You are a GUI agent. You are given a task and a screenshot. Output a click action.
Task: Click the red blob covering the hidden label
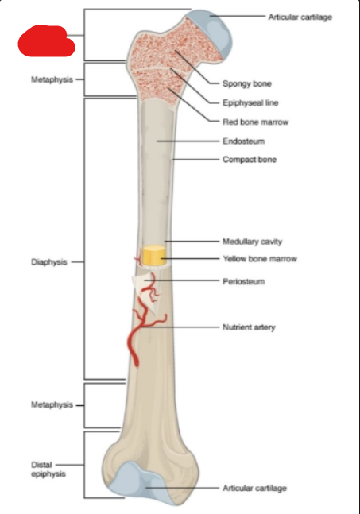[x=46, y=41]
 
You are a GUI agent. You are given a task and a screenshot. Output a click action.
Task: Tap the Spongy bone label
[x=247, y=83]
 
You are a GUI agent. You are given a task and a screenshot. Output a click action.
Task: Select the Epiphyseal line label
[x=250, y=103]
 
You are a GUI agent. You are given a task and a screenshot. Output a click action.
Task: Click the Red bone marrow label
[x=255, y=122]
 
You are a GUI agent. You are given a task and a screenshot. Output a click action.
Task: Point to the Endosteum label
[x=244, y=141]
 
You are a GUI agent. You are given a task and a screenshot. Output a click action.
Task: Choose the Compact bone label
[x=250, y=160]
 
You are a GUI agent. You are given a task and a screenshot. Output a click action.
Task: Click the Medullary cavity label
[x=252, y=242]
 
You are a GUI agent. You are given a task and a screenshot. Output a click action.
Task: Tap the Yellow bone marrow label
[x=260, y=259]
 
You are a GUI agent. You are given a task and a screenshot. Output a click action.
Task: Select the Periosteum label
[x=244, y=281]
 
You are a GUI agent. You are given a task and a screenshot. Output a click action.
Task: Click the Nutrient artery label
[x=249, y=327]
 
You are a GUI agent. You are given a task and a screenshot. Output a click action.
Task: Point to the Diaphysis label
[x=49, y=262]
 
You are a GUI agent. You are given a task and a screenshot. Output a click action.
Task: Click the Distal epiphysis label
[x=48, y=470]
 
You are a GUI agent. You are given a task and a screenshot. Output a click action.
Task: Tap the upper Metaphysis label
[x=52, y=79]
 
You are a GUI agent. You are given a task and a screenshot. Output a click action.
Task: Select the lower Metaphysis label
[x=52, y=405]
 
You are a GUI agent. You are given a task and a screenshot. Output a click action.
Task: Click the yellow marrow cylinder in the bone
[x=153, y=255]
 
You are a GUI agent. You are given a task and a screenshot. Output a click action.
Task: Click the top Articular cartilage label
[x=300, y=17]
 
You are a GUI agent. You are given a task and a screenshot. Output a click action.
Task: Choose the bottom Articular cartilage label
[x=255, y=489]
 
